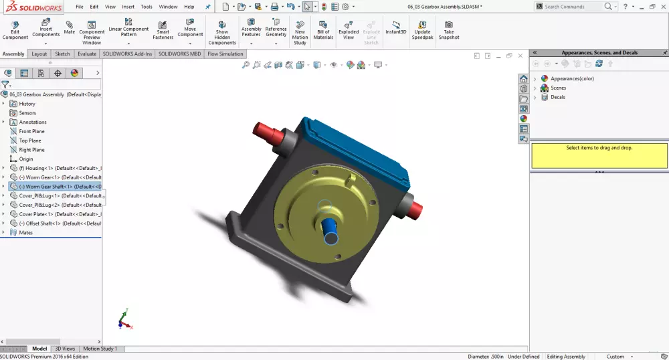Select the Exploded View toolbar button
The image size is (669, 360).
pos(349,29)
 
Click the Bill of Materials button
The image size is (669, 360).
pos(323,29)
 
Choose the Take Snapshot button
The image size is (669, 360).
pos(449,29)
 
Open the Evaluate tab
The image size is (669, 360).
pos(86,54)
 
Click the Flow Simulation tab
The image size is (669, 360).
pos(225,54)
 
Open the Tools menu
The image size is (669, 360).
pos(146,7)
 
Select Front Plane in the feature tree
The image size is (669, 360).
pos(31,131)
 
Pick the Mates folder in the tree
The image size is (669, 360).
pos(25,233)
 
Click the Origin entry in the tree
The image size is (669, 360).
pos(25,159)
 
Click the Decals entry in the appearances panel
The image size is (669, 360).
pos(557,97)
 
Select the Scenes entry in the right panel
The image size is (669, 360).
pos(558,88)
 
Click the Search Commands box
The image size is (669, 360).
pos(573,7)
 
